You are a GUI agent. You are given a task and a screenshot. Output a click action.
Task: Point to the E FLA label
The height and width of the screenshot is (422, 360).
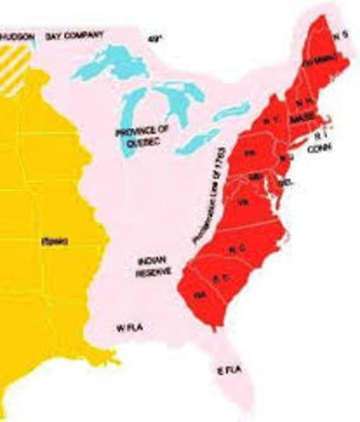(x=230, y=373)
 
